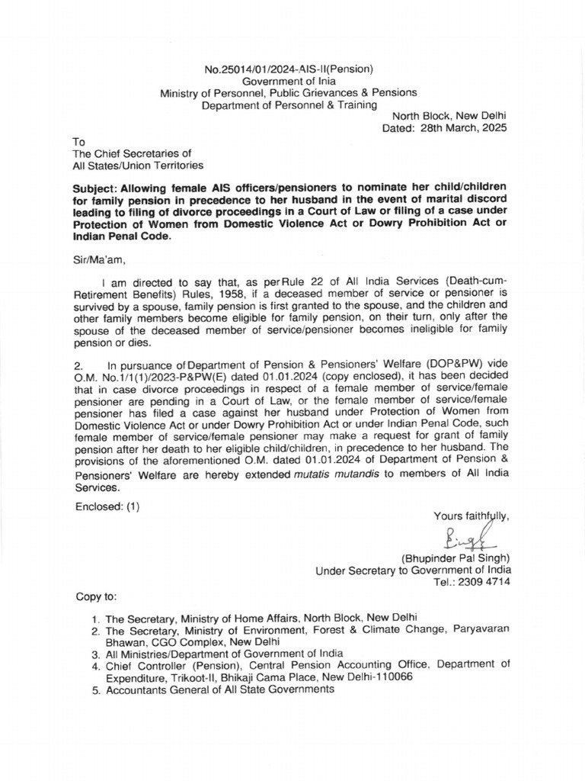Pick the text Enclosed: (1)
click(x=107, y=506)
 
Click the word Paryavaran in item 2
click(x=479, y=629)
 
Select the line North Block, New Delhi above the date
click(x=449, y=116)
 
